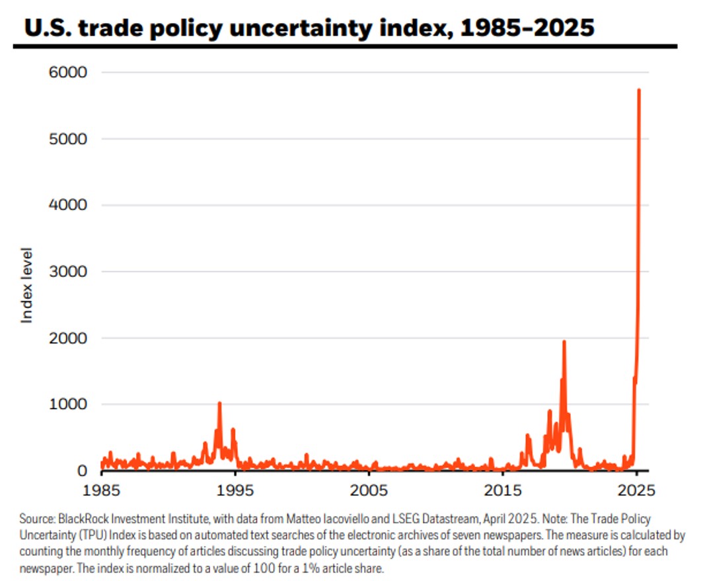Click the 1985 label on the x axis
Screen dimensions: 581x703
tap(101, 492)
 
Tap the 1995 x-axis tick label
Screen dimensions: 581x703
tap(235, 492)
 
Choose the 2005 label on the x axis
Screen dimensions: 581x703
tap(369, 492)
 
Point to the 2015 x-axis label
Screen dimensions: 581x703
tap(503, 492)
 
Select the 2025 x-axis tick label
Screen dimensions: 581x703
tap(636, 492)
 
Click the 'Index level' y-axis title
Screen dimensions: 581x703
tap(27, 286)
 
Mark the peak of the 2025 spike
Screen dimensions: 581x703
tap(639, 90)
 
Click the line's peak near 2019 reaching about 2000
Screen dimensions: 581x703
tap(564, 342)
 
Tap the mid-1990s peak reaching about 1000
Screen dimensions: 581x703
tap(219, 403)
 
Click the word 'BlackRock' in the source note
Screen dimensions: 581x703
tap(79, 519)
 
